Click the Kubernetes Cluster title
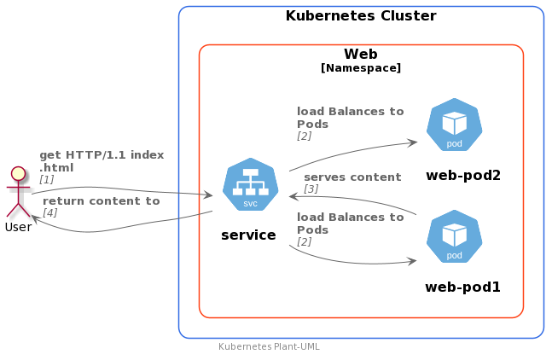click(x=361, y=16)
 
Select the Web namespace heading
click(x=361, y=55)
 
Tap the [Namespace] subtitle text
click(x=361, y=68)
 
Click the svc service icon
click(x=251, y=184)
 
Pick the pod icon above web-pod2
click(x=454, y=125)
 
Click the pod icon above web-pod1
click(x=454, y=236)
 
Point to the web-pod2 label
click(x=463, y=175)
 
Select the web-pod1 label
click(x=463, y=287)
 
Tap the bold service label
click(x=248, y=235)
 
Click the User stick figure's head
click(x=18, y=174)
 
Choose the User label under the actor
click(x=18, y=227)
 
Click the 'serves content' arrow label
click(x=352, y=177)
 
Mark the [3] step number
click(x=311, y=189)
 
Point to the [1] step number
click(x=46, y=179)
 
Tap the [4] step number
click(x=50, y=213)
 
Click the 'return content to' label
click(x=102, y=201)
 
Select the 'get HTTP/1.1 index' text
click(x=102, y=155)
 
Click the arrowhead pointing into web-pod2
click(x=413, y=142)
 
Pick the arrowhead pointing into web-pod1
click(x=412, y=261)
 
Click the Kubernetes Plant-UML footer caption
click(x=269, y=346)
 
